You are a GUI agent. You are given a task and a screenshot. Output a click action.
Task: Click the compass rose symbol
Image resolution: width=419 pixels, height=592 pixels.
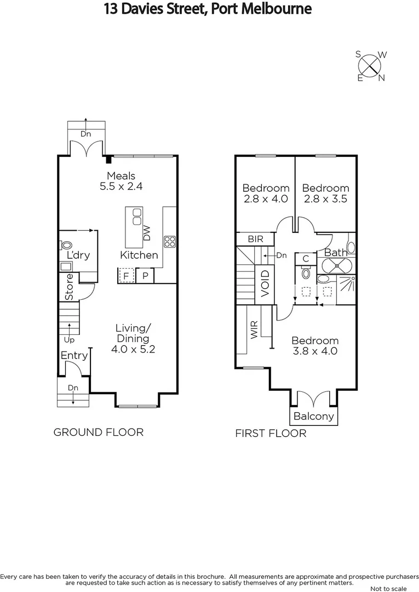tap(371, 66)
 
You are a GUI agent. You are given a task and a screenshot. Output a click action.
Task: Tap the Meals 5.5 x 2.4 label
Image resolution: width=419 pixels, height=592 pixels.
tap(120, 181)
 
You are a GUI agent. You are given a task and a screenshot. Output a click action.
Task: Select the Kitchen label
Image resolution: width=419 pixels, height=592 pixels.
tap(139, 255)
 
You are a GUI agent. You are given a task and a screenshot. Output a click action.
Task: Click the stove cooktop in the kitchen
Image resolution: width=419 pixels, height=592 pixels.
tap(169, 242)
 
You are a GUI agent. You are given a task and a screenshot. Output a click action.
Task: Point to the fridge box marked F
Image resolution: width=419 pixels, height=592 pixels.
tap(127, 276)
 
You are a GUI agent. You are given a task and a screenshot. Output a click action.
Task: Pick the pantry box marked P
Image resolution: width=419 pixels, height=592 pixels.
tap(145, 276)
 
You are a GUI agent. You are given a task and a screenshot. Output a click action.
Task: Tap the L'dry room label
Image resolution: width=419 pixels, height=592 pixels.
tap(78, 255)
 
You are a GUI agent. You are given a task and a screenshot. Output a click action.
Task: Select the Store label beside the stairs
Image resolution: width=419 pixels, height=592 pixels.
tap(70, 286)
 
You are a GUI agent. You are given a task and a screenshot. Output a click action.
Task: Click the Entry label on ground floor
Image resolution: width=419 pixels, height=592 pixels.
tap(74, 356)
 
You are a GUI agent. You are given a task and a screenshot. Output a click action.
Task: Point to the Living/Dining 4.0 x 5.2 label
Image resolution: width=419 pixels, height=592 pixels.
tap(133, 338)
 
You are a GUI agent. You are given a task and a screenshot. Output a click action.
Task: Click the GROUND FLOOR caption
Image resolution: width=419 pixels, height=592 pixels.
tap(98, 432)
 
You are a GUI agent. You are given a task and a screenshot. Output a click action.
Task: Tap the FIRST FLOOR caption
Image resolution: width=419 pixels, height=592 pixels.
tap(271, 434)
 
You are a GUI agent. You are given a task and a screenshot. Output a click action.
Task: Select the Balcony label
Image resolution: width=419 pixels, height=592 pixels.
tap(314, 416)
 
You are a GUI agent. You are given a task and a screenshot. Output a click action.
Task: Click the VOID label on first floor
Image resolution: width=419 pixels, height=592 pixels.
tap(265, 283)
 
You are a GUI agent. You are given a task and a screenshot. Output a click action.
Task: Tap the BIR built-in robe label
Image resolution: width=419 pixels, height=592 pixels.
tap(255, 240)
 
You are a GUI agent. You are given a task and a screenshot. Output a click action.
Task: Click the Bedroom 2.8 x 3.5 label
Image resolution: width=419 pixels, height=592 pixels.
tap(325, 193)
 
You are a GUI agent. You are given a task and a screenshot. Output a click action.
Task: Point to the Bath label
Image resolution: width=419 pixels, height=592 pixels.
tap(335, 253)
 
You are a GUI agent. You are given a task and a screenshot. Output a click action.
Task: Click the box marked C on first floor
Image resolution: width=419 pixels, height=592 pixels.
tap(306, 259)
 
